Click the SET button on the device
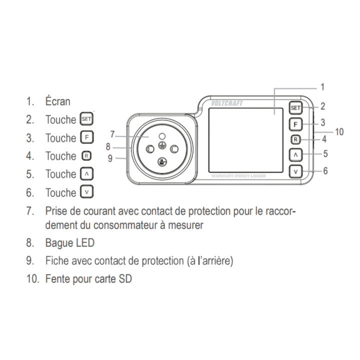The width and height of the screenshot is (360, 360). point(295,108)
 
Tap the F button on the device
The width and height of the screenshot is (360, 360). point(295,123)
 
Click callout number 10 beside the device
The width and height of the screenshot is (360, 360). point(339,132)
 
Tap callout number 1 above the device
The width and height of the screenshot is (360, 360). point(322,87)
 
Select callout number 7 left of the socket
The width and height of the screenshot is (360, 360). point(112,133)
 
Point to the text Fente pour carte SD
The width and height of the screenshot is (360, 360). point(88,279)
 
